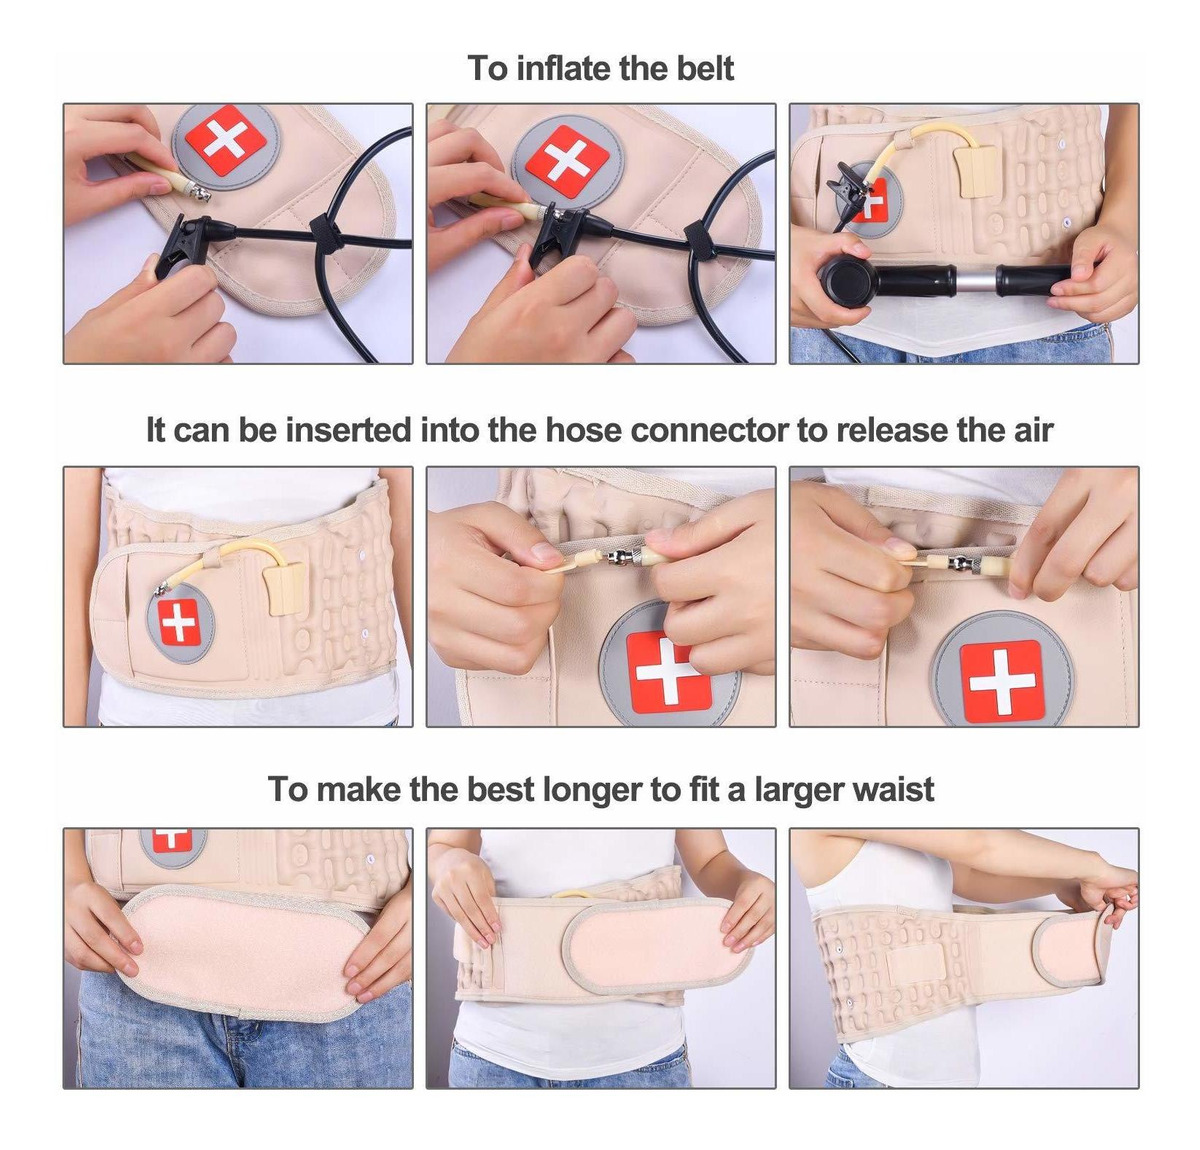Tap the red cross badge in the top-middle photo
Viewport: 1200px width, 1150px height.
point(566,162)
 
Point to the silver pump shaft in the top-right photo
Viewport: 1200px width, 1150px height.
point(976,276)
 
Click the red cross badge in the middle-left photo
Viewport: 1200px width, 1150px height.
point(179,622)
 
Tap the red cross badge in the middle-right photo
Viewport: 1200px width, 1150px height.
point(1001,681)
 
